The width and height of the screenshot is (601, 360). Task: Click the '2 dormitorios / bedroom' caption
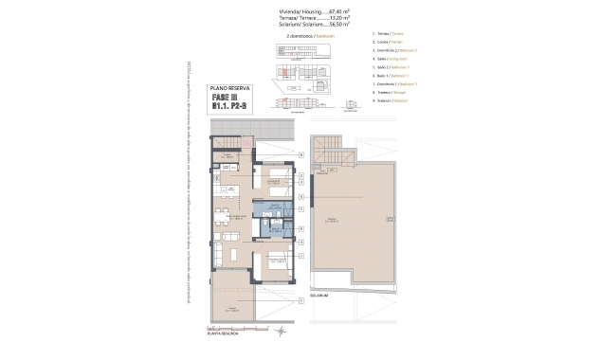tap(300, 37)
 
